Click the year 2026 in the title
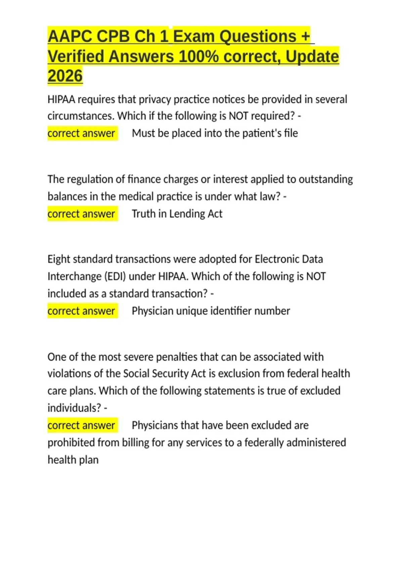[x=65, y=76]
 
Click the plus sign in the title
[x=305, y=36]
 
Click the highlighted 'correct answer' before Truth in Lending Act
[x=81, y=214]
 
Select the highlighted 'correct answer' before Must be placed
[x=81, y=133]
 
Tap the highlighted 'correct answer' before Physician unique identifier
[x=81, y=311]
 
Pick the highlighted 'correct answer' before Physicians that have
[x=81, y=425]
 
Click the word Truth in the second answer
[x=143, y=214]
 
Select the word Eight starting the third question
[x=59, y=259]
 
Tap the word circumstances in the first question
[x=81, y=116]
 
